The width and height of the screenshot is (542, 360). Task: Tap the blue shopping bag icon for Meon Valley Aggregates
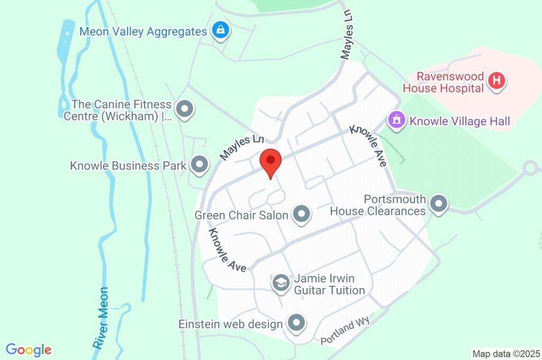(220, 31)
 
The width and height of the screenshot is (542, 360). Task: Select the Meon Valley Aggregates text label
(143, 32)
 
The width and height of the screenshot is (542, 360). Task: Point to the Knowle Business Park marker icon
(200, 165)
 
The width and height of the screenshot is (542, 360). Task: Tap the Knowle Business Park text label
(128, 166)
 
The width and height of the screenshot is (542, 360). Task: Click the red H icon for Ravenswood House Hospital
(496, 82)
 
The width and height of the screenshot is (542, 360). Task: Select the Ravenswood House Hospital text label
(444, 82)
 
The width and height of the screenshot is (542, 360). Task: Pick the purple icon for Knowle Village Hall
(396, 120)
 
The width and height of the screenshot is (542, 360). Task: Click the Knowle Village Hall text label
(460, 122)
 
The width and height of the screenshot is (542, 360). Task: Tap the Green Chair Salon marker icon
(302, 214)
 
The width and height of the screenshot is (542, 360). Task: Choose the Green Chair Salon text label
(241, 215)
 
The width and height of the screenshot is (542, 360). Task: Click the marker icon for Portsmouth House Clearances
(439, 203)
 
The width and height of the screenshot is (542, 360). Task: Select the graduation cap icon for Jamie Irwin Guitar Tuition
(281, 283)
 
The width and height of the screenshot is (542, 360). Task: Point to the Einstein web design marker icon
(296, 322)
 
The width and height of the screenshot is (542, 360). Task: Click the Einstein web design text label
(230, 323)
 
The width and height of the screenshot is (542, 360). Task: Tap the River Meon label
(101, 318)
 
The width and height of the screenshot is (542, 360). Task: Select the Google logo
(29, 350)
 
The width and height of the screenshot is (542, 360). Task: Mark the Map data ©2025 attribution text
(506, 354)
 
